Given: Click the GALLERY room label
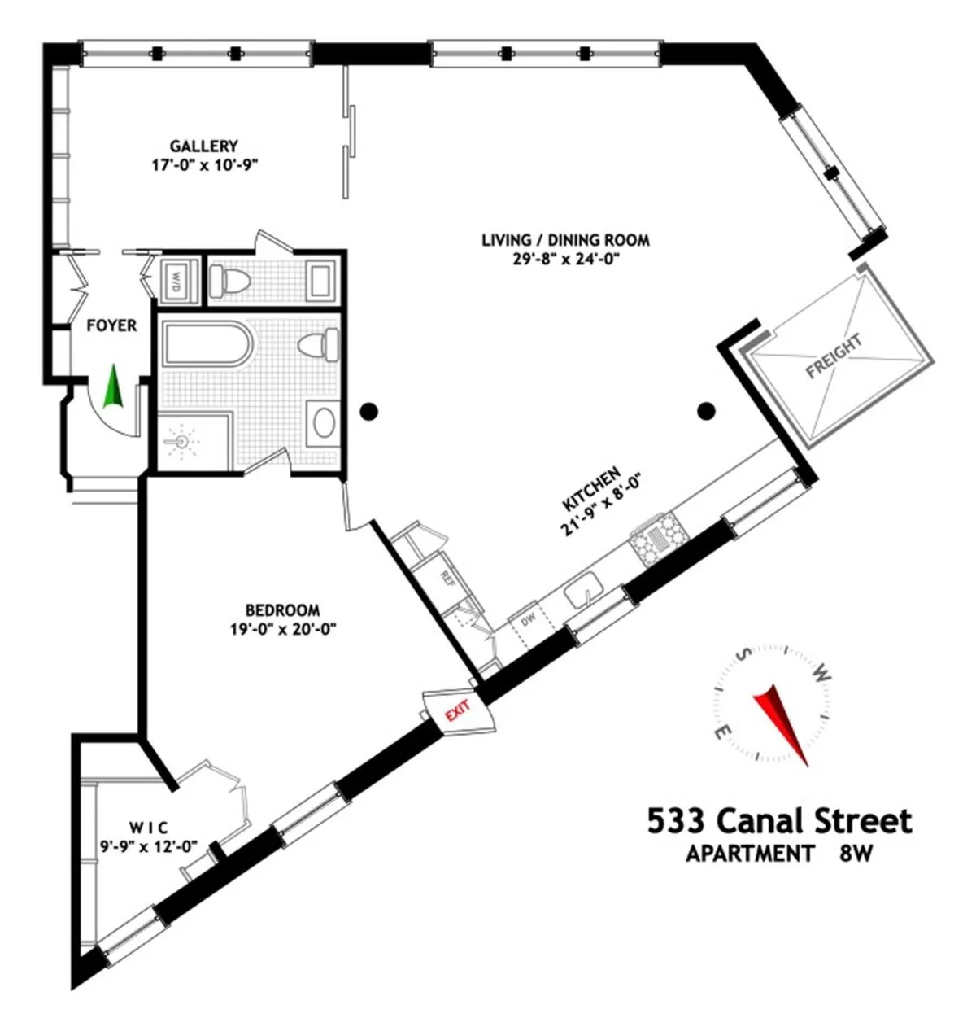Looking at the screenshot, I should coord(203,146).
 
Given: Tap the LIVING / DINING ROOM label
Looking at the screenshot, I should coord(565,240).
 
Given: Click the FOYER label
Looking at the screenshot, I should coord(111,325).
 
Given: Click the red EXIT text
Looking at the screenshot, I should coord(456,713).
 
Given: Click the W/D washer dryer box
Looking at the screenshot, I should coord(176,282).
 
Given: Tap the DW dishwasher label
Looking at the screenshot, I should coord(527,621).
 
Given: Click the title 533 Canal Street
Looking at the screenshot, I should coord(779,820).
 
